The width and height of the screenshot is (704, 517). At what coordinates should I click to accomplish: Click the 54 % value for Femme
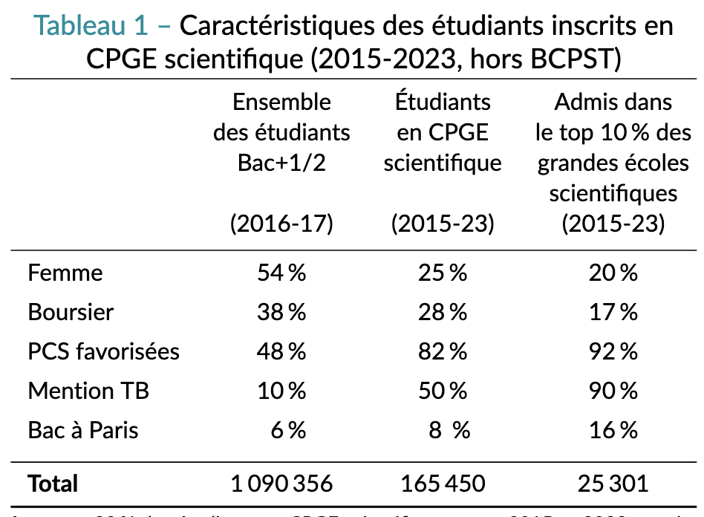[281, 273]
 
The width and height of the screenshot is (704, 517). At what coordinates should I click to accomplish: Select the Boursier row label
[71, 312]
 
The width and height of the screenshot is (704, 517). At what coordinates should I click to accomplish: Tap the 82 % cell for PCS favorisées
[443, 351]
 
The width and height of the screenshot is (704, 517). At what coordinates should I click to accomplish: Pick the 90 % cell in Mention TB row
[613, 391]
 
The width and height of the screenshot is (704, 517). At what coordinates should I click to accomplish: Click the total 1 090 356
[281, 484]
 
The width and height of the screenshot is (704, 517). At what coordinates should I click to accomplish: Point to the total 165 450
[443, 484]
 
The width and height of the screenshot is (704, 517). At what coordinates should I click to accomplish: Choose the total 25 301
[613, 484]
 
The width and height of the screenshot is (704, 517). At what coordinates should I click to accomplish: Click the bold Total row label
[53, 484]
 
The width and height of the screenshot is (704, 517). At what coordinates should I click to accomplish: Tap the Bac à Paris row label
[83, 430]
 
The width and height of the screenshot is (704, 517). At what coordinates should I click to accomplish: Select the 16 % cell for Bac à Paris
[613, 430]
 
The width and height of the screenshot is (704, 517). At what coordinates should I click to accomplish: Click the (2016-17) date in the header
[281, 224]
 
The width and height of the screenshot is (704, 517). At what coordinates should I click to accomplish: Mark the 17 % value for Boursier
[613, 312]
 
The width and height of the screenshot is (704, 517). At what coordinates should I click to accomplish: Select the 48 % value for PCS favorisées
[281, 351]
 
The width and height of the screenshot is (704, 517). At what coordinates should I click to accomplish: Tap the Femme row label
[65, 273]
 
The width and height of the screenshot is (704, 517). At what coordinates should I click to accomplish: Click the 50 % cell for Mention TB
[443, 391]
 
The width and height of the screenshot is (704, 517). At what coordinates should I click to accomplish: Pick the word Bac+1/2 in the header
[281, 163]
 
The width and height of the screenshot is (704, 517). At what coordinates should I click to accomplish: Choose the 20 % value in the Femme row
[613, 273]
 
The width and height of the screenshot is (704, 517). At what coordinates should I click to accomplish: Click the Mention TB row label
[88, 391]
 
